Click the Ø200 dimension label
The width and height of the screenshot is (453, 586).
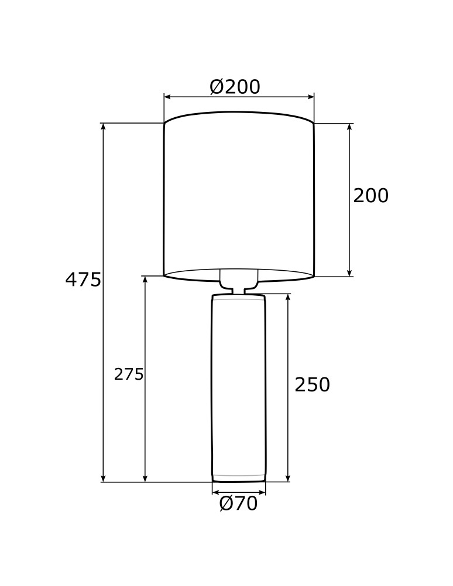(235, 87)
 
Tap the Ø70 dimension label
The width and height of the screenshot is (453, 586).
(238, 504)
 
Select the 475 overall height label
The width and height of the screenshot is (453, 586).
(83, 280)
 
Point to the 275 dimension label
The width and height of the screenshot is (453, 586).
(129, 374)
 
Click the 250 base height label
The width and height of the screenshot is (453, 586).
(312, 385)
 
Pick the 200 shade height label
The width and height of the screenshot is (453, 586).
(370, 196)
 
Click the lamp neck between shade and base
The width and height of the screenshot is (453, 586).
(239, 290)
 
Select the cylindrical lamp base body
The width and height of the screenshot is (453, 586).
(238, 387)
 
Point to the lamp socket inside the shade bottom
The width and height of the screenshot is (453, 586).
(239, 277)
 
